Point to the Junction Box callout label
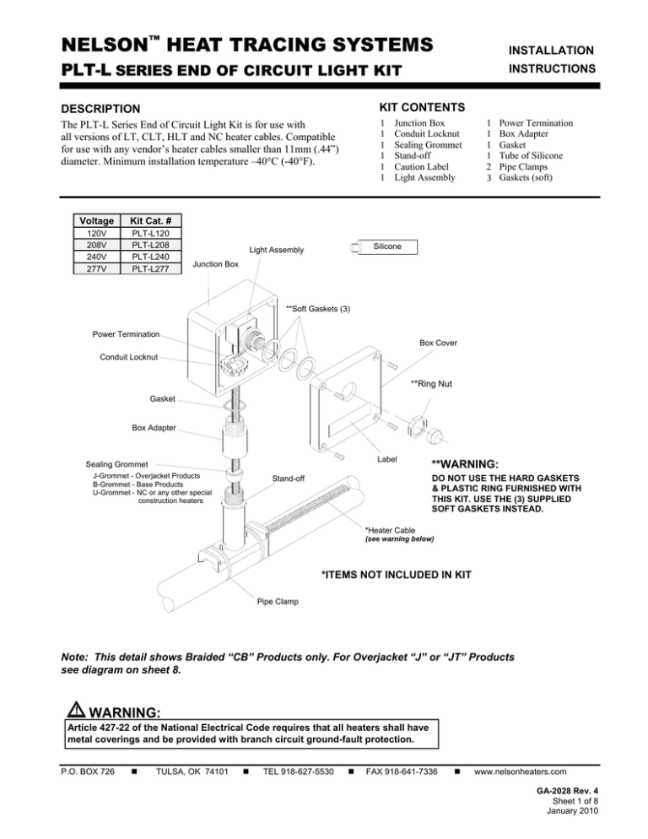tap(217, 265)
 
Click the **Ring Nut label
tap(431, 384)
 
